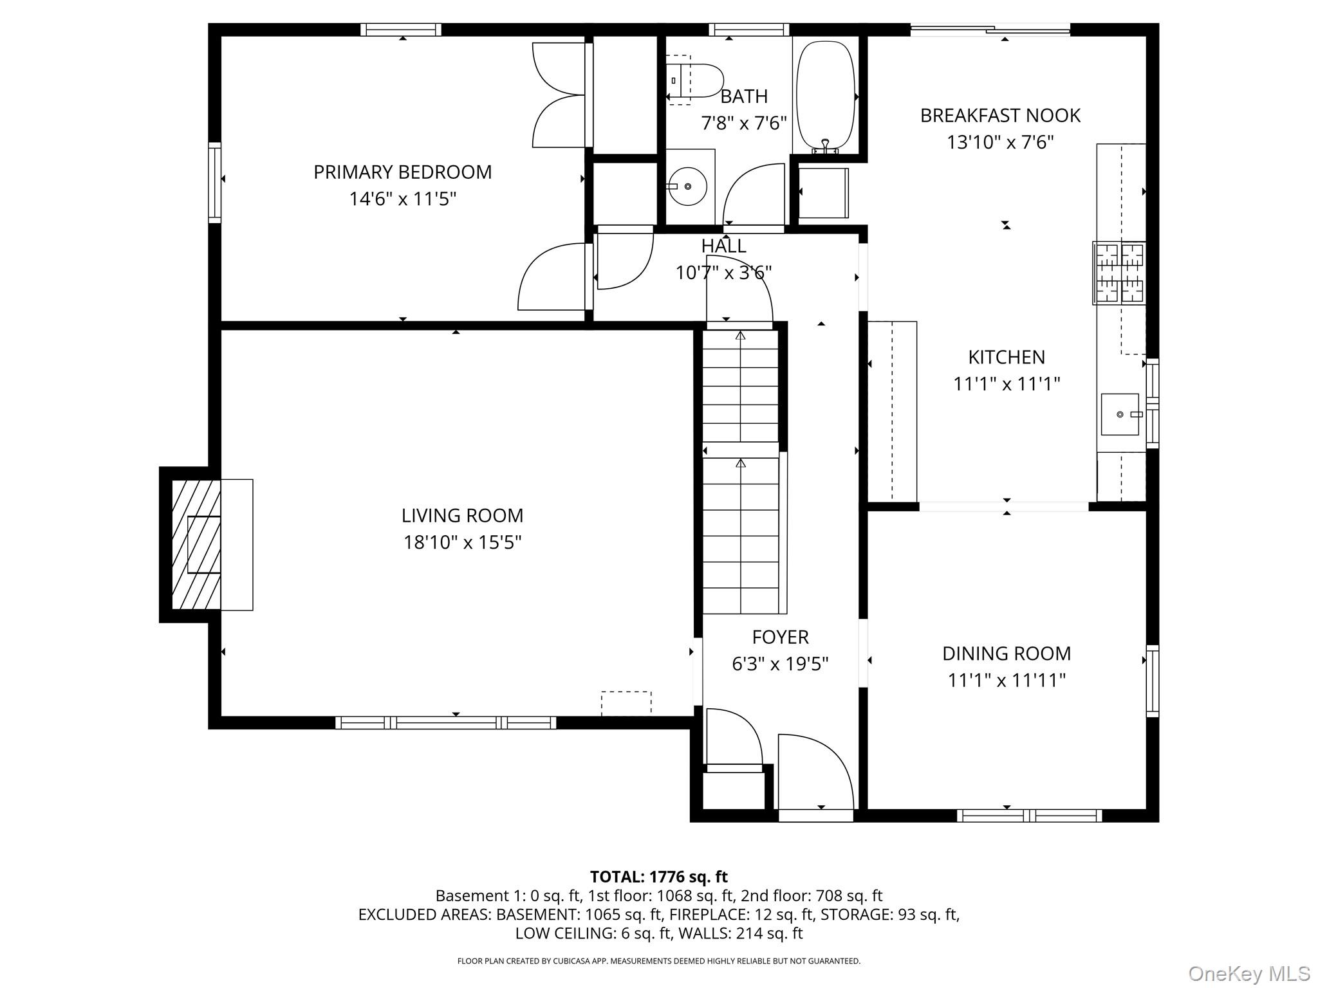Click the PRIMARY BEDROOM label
coord(402,172)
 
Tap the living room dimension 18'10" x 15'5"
coord(462,542)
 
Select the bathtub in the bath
coord(825,96)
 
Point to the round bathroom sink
coord(689,187)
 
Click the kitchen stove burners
coord(1119,273)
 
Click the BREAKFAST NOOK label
coord(1000,115)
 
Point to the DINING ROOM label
coord(1007,653)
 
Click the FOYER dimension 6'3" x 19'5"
coord(780,663)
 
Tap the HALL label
coord(723,246)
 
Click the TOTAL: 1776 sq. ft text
coord(658,877)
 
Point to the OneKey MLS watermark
coord(1248,973)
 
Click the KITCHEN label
coord(1007,356)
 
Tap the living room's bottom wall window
coord(445,722)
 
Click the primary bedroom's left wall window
coord(214,183)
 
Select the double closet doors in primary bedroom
coord(557,95)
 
